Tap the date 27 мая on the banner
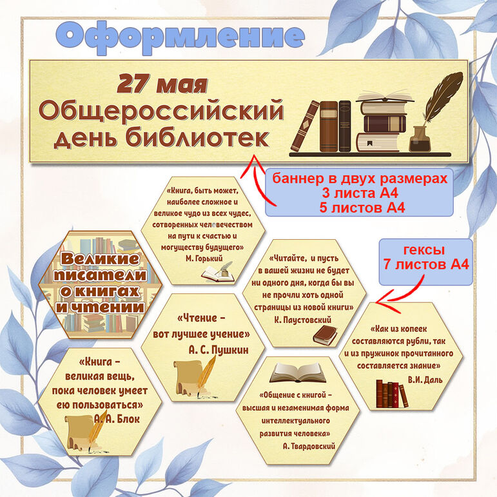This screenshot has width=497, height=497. (162, 84)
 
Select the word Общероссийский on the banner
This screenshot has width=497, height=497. (161, 112)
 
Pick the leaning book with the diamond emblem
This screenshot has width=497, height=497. (305, 126)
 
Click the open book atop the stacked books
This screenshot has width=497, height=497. (384, 96)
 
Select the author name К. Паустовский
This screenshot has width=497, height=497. (303, 320)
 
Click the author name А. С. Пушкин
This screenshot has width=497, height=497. (219, 350)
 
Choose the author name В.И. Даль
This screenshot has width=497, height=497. (425, 380)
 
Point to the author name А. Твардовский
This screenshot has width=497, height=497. (309, 446)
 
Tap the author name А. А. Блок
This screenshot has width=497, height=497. (117, 419)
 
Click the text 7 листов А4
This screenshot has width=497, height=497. (425, 264)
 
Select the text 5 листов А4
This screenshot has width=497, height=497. (362, 208)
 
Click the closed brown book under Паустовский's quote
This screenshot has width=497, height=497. (325, 336)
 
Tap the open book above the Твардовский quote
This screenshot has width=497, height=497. (298, 373)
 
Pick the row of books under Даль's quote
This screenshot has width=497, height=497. (392, 394)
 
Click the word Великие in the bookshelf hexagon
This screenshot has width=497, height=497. (100, 259)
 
